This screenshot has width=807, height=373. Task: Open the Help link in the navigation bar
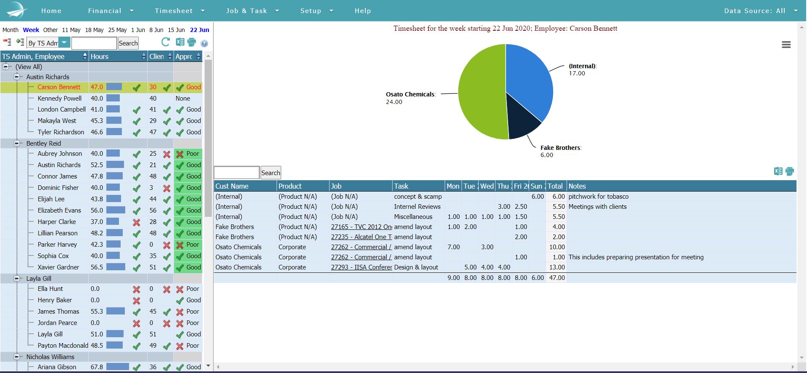coord(362,11)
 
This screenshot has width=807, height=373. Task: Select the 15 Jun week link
coord(176,30)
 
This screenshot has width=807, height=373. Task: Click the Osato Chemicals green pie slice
coord(481,93)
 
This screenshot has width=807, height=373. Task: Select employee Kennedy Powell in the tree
coord(59,99)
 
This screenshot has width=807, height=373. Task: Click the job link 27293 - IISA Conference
coord(361,267)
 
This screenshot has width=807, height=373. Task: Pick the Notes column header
coord(577,186)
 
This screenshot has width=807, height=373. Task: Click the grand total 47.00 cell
coord(557,278)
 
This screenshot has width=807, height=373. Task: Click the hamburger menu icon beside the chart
coord(786,45)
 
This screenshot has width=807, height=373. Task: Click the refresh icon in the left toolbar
coord(166,42)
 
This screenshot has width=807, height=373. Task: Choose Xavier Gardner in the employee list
coord(58,267)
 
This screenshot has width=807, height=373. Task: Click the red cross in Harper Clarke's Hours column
coord(136,222)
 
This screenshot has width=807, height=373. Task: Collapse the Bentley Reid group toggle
coord(17,144)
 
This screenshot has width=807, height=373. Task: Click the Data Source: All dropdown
coord(760,11)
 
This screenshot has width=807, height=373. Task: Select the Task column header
coord(401,186)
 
